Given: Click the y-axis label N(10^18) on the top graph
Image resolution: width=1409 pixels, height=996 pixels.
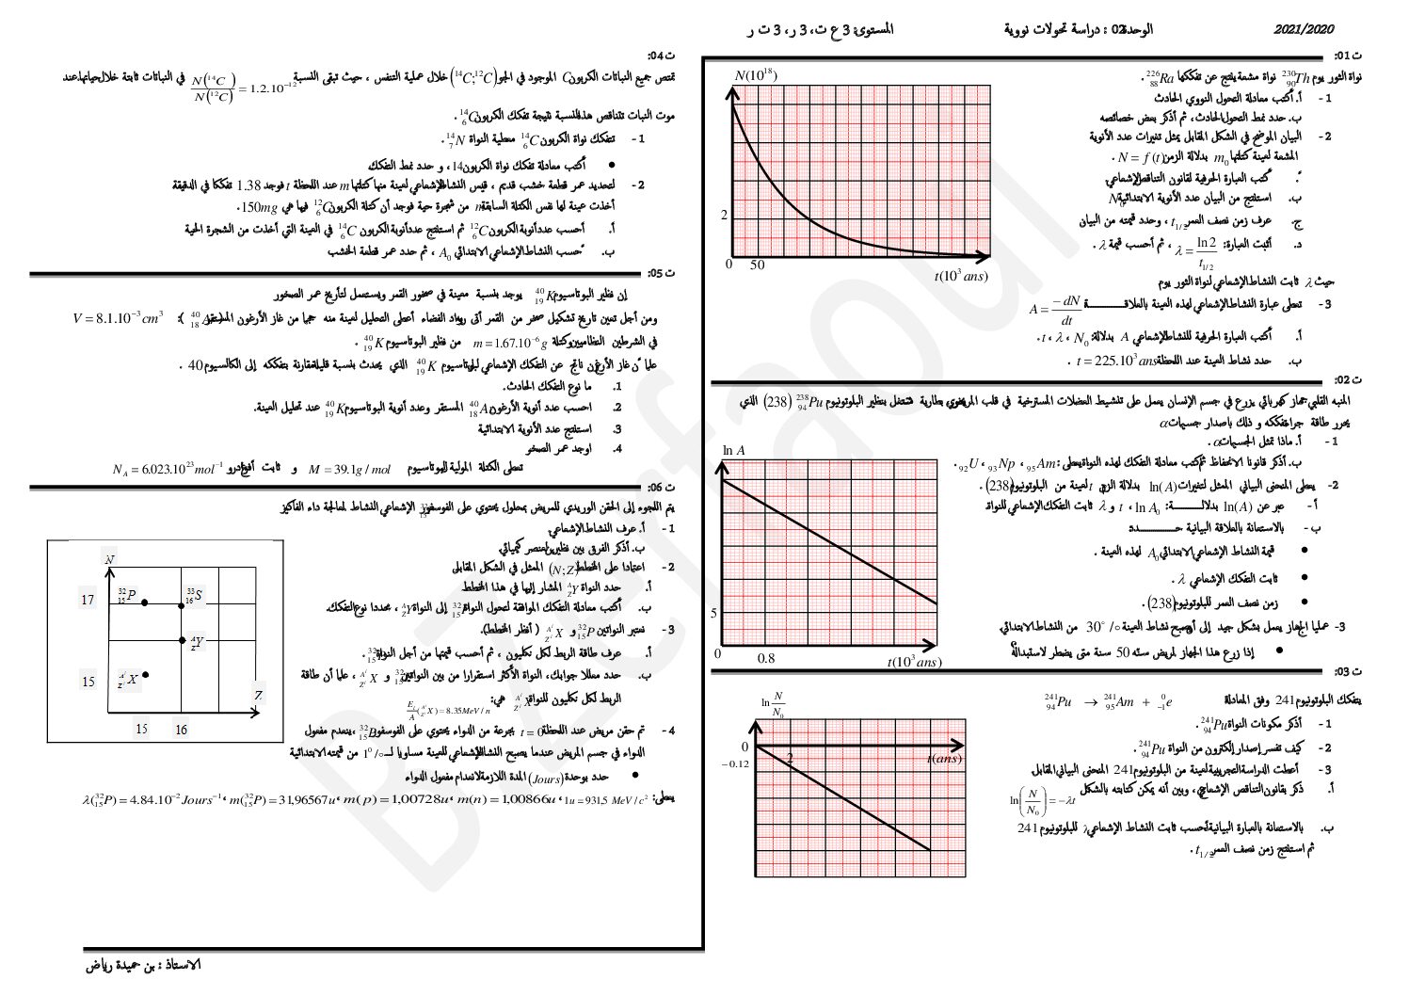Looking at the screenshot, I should pos(755,75).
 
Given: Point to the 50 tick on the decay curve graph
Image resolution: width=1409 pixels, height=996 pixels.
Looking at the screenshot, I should pos(758,265).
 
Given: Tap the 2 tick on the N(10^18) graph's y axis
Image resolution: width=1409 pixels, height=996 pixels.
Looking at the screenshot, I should pos(725,216).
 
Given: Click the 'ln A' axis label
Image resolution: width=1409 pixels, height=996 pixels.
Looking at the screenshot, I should pos(733,450).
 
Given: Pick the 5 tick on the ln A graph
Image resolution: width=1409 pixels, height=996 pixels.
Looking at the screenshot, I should pos(714,613).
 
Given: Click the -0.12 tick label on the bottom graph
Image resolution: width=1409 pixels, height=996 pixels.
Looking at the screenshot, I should pos(735,763).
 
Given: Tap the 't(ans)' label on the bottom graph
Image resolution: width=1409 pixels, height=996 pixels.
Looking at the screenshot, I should pos(943,759).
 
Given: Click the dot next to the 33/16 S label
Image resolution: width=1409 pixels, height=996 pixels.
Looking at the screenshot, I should pos(183,605).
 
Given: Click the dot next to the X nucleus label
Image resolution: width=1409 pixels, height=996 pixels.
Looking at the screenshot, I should pos(146,675).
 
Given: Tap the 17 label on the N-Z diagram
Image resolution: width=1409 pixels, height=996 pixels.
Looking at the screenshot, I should pos(88,600).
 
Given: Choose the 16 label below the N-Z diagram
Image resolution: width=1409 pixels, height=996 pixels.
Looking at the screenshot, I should pos(181,729).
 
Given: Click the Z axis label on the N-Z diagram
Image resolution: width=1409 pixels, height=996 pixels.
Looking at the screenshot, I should pos(258,696).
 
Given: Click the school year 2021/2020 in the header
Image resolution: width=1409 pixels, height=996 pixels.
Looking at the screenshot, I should pos(1304,30).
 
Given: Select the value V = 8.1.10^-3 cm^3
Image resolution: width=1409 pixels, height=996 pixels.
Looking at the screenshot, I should pos(118,317).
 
